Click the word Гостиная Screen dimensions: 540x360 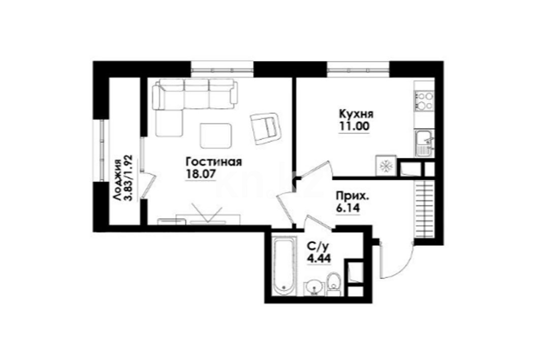point(213,162)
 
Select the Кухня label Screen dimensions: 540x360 point(356,114)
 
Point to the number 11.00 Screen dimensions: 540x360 point(355,126)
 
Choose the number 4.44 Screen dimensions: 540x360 point(319,258)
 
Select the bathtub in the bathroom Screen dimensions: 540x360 point(284,265)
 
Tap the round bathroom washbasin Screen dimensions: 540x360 point(314,287)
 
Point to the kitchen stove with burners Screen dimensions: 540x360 point(424,100)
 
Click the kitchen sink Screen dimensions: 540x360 point(424,143)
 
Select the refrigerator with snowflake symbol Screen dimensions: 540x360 point(386,166)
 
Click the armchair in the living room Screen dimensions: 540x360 point(266,128)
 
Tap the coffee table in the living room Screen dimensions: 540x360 point(215,136)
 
